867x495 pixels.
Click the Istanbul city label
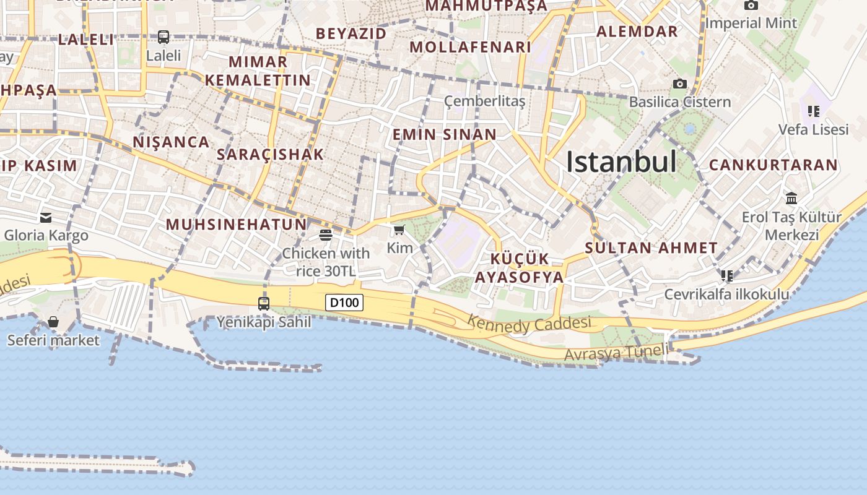pyautogui.click(x=621, y=162)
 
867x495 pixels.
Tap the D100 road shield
pyautogui.click(x=344, y=303)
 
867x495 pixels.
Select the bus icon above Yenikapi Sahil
pyautogui.click(x=264, y=303)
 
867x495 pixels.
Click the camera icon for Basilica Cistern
pyautogui.click(x=679, y=84)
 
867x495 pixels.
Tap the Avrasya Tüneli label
pyautogui.click(x=616, y=353)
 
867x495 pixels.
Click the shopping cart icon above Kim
pyautogui.click(x=399, y=230)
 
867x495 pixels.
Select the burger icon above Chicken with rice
pyautogui.click(x=326, y=235)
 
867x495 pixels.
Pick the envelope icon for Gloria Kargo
pyautogui.click(x=46, y=217)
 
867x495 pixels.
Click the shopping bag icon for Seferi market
pyautogui.click(x=53, y=322)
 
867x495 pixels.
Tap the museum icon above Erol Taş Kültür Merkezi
pyautogui.click(x=791, y=199)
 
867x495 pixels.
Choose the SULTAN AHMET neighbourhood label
pyautogui.click(x=651, y=248)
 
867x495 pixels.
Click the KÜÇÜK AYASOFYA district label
pyautogui.click(x=519, y=268)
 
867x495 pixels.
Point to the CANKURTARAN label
pyautogui.click(x=773, y=165)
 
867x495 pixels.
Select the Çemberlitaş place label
pyautogui.click(x=484, y=101)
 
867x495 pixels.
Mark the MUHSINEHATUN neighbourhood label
pyautogui.click(x=236, y=224)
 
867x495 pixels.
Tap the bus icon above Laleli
pyautogui.click(x=163, y=37)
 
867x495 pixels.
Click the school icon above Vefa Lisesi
pyautogui.click(x=813, y=111)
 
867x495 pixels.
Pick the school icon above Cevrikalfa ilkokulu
pyautogui.click(x=726, y=275)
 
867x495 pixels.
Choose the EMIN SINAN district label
pyautogui.click(x=444, y=134)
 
